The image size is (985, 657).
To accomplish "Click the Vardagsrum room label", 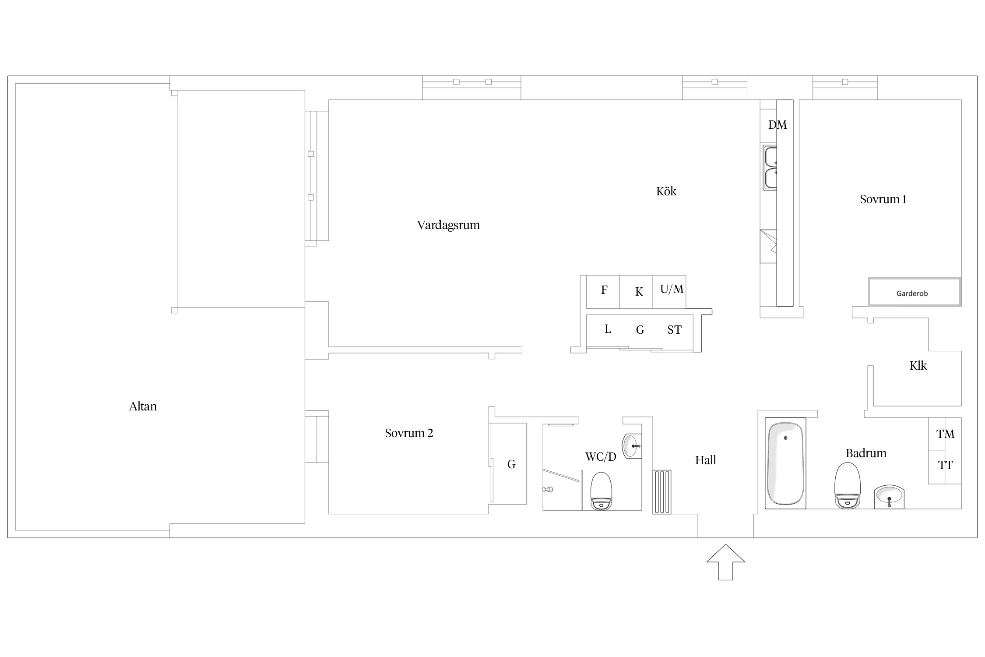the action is pos(448,225).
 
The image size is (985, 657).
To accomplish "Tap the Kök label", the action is pos(666,191).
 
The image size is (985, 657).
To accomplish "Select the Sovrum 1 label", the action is pos(883,199).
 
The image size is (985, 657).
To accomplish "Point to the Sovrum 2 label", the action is pos(409,433).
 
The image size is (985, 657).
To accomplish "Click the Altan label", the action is pos(143,406).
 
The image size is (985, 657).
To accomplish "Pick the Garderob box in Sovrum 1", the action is pos(915,292).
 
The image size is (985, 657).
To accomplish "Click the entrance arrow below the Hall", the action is pos(725,562).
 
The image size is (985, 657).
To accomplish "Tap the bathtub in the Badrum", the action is pos(785,463).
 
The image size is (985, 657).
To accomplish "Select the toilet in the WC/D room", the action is pos(601,491).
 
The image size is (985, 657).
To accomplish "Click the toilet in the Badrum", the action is pos(848,485).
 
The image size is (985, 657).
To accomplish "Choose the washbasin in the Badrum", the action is pos(889,497).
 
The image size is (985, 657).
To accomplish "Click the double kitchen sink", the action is pos(770,168).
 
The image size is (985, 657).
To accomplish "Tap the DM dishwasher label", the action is pos(777,125).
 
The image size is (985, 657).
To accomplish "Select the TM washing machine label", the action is pos(945,434).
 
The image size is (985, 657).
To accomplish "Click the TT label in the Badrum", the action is pos(945,465).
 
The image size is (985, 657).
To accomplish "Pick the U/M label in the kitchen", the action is pos(672,289).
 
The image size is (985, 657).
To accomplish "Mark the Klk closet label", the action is pos(918,366).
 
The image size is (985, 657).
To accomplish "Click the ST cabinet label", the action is pos(674,330).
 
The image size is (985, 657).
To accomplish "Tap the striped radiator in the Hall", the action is pos(662,492).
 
